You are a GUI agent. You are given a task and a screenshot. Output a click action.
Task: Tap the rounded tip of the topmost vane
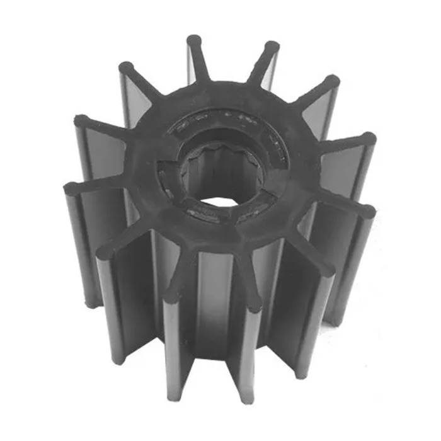tap(194, 41)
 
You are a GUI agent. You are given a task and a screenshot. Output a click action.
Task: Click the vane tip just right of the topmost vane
tap(272, 47)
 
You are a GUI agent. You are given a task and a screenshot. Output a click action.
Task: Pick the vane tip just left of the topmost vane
tap(126, 67)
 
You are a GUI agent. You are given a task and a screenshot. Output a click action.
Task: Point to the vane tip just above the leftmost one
tap(81, 120)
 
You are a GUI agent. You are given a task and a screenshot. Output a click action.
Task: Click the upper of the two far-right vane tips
tap(369, 138)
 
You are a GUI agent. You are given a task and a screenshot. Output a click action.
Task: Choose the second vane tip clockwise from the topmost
tap(332, 81)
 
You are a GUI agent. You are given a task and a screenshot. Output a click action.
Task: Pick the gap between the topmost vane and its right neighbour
tap(233, 69)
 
